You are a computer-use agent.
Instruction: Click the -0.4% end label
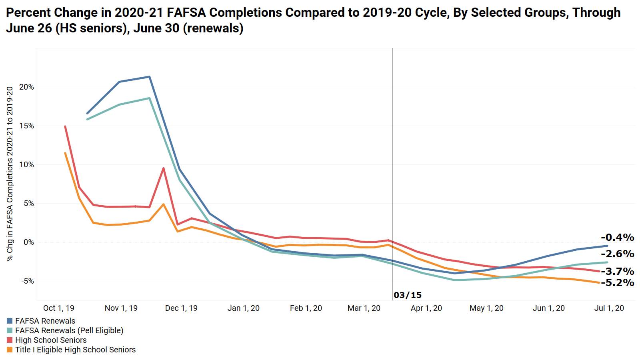[x=617, y=237]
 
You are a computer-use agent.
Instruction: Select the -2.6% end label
[x=617, y=254]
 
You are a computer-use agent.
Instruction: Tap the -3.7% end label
[x=617, y=271]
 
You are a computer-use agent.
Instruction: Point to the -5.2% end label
[x=617, y=282]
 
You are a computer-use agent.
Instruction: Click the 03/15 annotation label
[x=408, y=295]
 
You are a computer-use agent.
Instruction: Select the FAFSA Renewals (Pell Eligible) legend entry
[x=69, y=330]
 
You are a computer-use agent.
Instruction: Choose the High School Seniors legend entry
[x=51, y=340]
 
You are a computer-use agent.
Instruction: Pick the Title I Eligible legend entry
[x=75, y=350]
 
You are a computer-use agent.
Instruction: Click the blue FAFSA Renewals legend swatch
[x=10, y=321]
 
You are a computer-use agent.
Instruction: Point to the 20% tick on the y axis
[x=27, y=87]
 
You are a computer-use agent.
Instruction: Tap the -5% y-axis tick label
[x=27, y=281]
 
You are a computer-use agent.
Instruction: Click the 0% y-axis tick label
[x=29, y=242]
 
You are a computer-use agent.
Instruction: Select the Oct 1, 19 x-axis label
[x=59, y=308]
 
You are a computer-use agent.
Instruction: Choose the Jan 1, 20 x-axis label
[x=244, y=308]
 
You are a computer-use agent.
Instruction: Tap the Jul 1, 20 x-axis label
[x=609, y=308]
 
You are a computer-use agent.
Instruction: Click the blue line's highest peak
[x=149, y=77]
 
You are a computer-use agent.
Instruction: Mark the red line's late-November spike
[x=164, y=168]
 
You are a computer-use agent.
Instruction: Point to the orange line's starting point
[x=65, y=153]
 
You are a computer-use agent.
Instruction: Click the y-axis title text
[x=10, y=174]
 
